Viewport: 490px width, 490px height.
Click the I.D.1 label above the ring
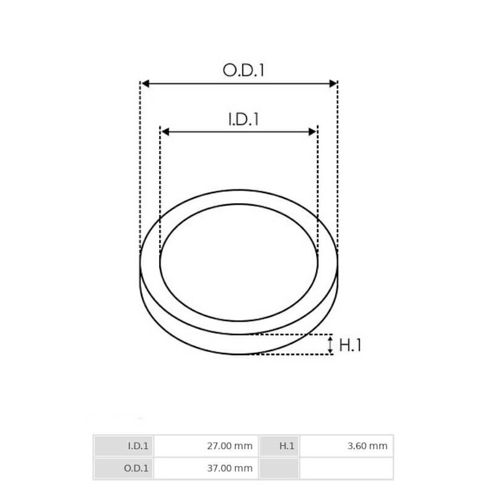[243, 119]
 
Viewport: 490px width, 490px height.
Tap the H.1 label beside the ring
[350, 345]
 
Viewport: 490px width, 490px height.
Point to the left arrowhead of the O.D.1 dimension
[145, 83]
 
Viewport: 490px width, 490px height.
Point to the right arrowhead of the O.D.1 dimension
[333, 83]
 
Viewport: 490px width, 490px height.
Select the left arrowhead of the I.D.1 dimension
[164, 131]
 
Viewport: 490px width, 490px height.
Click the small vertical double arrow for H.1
[331, 344]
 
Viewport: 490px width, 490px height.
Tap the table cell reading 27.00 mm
[206, 447]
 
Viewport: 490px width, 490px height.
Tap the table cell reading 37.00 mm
[206, 469]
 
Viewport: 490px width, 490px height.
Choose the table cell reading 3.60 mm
[346, 447]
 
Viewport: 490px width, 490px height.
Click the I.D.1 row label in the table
[124, 447]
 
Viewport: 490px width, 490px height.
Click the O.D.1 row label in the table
[124, 469]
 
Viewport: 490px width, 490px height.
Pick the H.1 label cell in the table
[279, 447]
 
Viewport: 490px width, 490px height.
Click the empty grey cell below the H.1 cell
[279, 469]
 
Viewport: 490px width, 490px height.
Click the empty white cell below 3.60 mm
[346, 469]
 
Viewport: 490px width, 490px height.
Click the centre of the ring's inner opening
[239, 262]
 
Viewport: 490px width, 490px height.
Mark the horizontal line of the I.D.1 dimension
[239, 131]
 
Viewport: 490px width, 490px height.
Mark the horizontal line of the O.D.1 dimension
[239, 83]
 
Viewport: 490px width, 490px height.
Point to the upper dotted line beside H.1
[288, 334]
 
